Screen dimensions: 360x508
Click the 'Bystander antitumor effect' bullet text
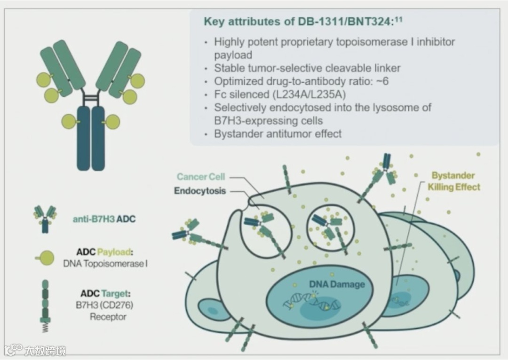click(x=278, y=133)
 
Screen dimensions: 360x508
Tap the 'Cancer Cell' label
click(x=201, y=177)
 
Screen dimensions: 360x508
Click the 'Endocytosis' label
click(x=200, y=191)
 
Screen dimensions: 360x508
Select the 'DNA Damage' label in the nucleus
click(x=337, y=284)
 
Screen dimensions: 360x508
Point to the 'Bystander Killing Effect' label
click(x=453, y=181)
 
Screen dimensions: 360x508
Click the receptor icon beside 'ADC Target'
click(x=45, y=305)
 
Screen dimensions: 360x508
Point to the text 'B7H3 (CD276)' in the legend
click(x=104, y=305)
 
